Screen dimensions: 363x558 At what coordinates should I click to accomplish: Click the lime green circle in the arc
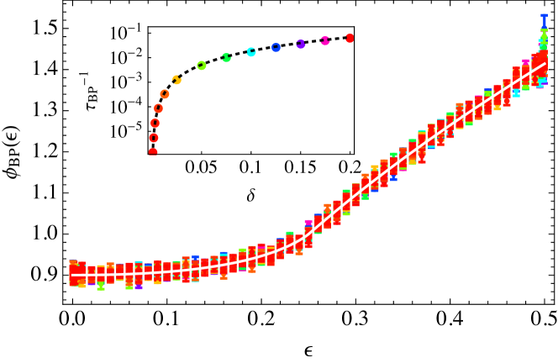tap(202, 66)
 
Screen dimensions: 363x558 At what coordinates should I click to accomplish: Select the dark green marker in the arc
tap(226, 58)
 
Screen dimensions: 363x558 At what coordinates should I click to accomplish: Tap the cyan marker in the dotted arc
tap(251, 52)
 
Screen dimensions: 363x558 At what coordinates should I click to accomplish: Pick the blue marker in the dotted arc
tap(276, 48)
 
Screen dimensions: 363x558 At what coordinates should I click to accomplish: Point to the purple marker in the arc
tap(300, 45)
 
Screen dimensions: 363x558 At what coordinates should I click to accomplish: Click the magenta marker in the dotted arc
tap(325, 41)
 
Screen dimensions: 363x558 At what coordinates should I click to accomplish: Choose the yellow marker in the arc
tap(176, 80)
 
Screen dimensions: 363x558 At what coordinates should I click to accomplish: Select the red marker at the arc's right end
tap(350, 39)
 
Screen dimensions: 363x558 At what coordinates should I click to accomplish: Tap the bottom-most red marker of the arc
tap(153, 152)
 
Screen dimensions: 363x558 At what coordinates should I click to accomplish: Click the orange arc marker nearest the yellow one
tap(165, 94)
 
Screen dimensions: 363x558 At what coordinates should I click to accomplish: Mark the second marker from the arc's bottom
tap(154, 138)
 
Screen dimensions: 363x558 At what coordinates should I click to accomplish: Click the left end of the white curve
tap(72, 275)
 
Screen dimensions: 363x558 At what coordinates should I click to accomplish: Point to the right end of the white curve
tap(545, 63)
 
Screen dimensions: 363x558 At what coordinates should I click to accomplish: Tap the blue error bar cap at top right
tap(544, 15)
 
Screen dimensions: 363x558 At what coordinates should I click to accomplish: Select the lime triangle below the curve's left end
tap(101, 287)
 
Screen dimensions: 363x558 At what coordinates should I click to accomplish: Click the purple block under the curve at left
tap(138, 287)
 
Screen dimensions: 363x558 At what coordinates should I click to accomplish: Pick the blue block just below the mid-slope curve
tap(393, 178)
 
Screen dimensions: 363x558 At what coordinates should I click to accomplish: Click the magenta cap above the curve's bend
tap(308, 222)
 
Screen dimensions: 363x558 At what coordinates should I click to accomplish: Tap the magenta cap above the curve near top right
tap(526, 61)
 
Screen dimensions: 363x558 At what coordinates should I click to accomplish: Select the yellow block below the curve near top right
tap(497, 108)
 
